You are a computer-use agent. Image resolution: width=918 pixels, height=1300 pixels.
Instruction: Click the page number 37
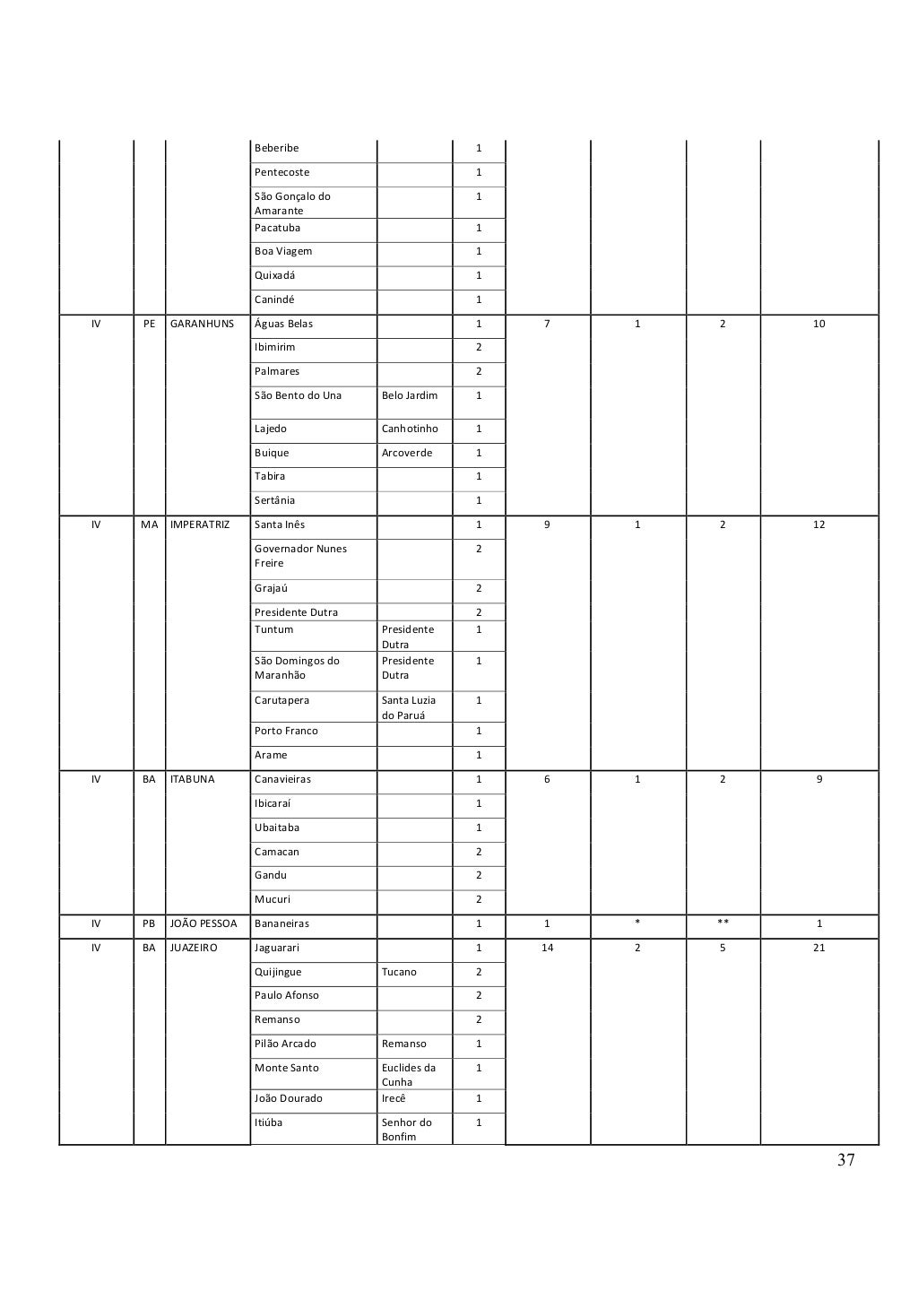tap(845, 1160)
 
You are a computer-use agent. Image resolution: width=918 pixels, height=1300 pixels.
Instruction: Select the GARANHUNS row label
tap(202, 324)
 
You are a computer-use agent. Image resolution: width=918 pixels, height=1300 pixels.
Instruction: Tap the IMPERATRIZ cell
tap(200, 524)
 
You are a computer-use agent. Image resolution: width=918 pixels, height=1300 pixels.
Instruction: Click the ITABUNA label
tap(193, 779)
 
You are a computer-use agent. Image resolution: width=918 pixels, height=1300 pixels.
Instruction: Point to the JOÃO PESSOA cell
tap(204, 923)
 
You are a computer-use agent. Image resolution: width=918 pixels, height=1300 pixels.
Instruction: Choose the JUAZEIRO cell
tap(194, 948)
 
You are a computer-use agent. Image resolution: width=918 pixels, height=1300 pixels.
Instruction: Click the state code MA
tap(149, 524)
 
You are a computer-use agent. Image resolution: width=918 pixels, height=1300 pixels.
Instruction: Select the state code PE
tap(150, 324)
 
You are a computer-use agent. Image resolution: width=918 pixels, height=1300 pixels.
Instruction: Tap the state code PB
tap(150, 923)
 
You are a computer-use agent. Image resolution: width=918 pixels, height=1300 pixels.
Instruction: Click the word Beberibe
tap(276, 148)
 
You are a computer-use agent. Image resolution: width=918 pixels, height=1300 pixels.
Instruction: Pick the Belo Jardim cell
tap(410, 395)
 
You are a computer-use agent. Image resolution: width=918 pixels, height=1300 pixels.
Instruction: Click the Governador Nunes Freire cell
tap(300, 556)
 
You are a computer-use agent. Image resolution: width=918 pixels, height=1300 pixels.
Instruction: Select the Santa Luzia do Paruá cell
tap(409, 707)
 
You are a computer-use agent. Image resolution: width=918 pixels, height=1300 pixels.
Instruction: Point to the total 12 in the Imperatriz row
tap(818, 524)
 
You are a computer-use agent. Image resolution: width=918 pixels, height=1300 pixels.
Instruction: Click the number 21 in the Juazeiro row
tap(818, 948)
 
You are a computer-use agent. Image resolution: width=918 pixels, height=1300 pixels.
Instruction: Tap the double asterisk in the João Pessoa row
tap(723, 923)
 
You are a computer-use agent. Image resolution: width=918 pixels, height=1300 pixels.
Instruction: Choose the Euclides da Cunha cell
tap(409, 1075)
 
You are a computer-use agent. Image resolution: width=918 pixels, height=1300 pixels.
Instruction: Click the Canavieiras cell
tap(282, 779)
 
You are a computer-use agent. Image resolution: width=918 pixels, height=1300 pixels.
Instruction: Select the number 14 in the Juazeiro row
tap(547, 948)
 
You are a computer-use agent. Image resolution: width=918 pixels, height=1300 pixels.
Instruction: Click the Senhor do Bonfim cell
tap(407, 1130)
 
